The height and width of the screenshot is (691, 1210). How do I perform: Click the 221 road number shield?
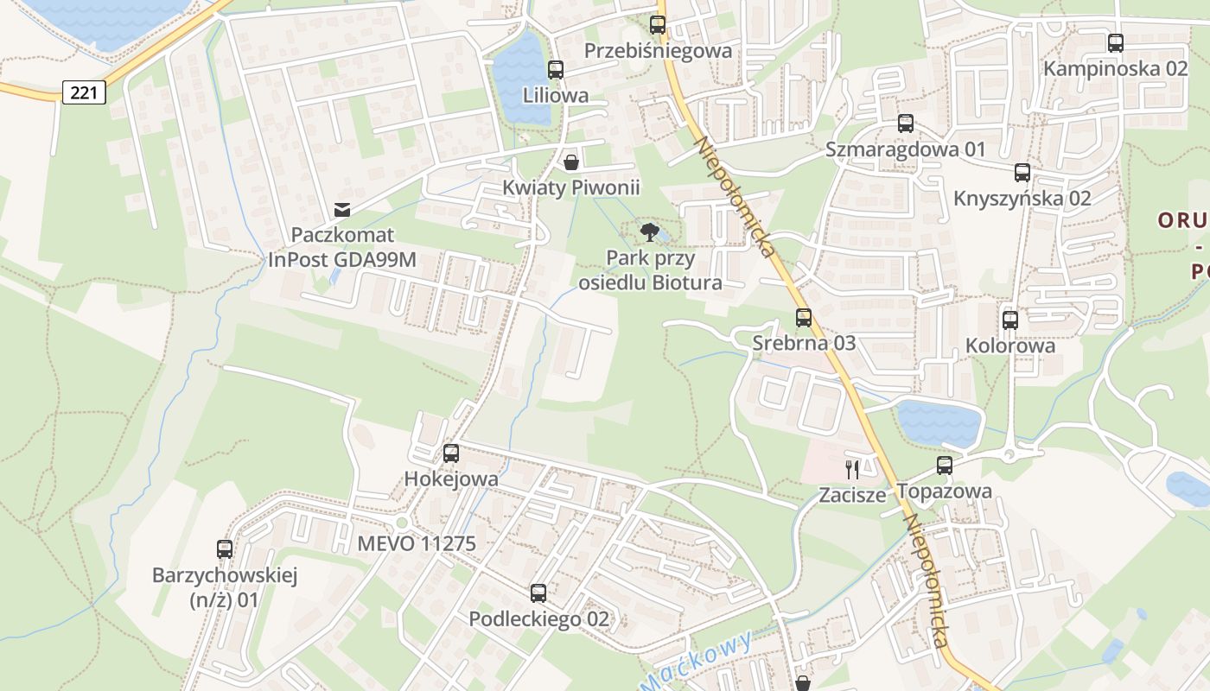click(84, 92)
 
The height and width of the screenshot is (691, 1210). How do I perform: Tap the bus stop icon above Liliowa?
click(556, 70)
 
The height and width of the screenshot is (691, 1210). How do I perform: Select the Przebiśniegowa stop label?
click(658, 51)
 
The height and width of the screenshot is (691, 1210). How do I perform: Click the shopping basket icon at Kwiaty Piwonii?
click(571, 162)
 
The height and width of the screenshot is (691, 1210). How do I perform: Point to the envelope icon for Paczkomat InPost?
click(342, 209)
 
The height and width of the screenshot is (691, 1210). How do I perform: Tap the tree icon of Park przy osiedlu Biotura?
click(650, 231)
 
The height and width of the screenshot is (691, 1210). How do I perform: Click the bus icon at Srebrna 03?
click(804, 318)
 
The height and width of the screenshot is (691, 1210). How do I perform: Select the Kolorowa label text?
click(1010, 346)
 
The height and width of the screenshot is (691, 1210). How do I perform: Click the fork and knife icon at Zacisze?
click(853, 469)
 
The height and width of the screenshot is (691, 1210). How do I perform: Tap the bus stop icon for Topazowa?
click(945, 466)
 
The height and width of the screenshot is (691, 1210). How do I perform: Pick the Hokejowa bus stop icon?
click(451, 453)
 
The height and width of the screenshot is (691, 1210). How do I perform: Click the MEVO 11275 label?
click(417, 544)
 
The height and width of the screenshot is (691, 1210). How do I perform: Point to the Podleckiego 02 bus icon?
click(538, 593)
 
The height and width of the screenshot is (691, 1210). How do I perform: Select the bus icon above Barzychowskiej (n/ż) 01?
click(225, 548)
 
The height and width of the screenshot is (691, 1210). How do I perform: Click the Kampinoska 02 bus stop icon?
click(1116, 43)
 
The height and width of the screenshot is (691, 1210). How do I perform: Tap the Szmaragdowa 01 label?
click(905, 149)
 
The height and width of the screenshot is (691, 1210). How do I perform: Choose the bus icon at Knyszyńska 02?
click(1022, 173)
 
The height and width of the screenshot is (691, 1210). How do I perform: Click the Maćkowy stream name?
click(697, 662)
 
